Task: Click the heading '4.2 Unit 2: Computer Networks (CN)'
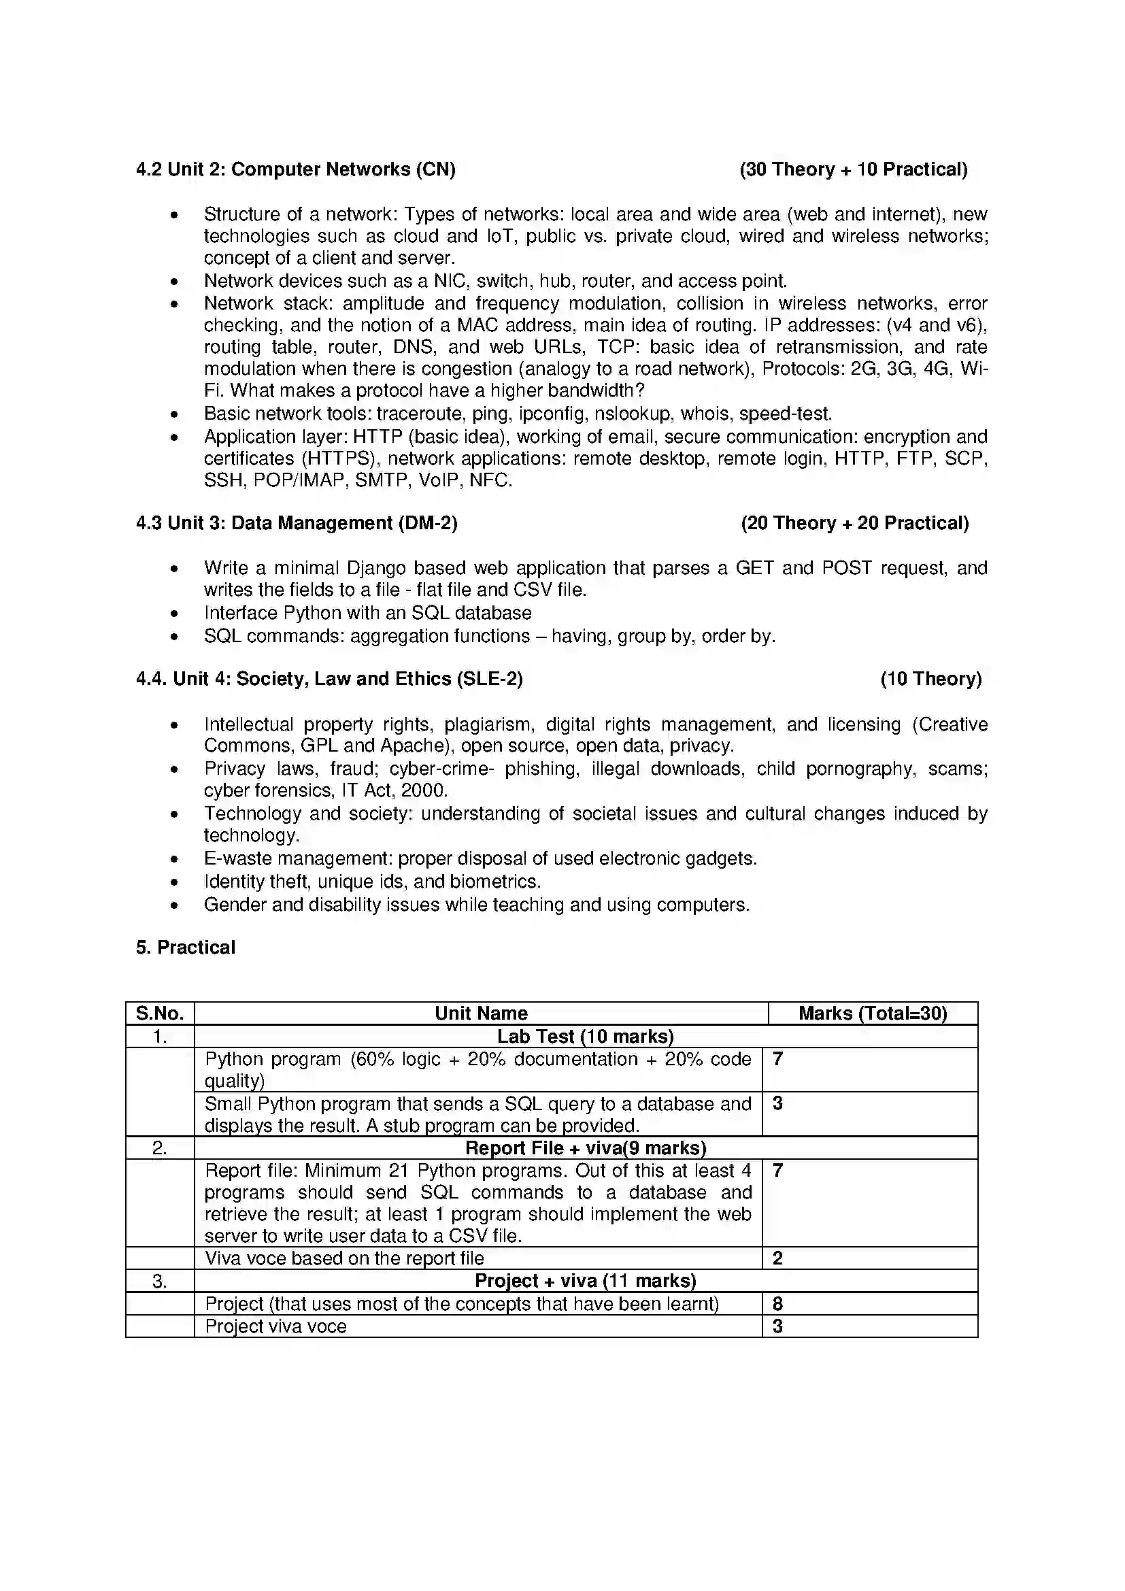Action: tap(296, 170)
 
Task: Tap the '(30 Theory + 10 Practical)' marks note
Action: tap(854, 170)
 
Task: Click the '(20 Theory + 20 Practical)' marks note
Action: tap(854, 523)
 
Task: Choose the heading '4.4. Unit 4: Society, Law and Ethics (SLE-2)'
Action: tap(329, 679)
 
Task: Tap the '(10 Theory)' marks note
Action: tap(931, 679)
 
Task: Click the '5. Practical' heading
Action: tap(186, 948)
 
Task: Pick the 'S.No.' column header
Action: tap(160, 1014)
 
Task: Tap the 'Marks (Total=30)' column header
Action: tap(872, 1014)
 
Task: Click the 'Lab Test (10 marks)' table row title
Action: tap(586, 1037)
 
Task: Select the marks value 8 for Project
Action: tap(777, 1304)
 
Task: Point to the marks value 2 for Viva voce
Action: tap(777, 1258)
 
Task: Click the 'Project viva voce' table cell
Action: tap(275, 1326)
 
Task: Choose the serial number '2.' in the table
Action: tap(160, 1148)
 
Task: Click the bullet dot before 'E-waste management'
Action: tap(174, 859)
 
